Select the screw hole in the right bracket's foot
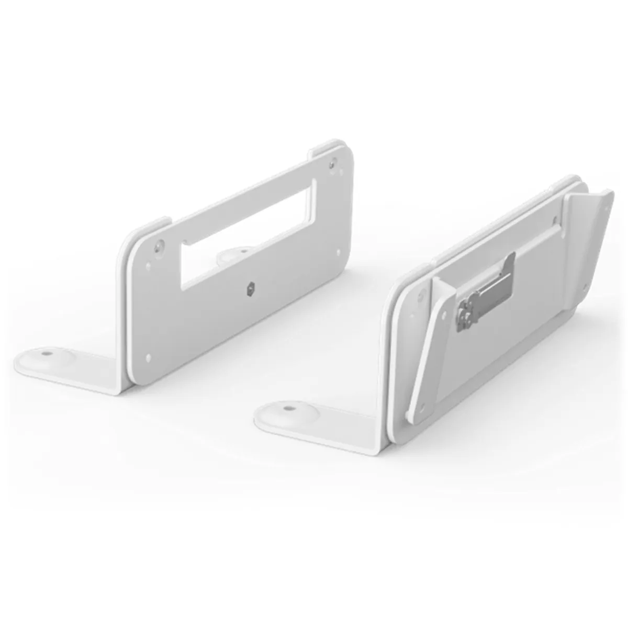point(287,406)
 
